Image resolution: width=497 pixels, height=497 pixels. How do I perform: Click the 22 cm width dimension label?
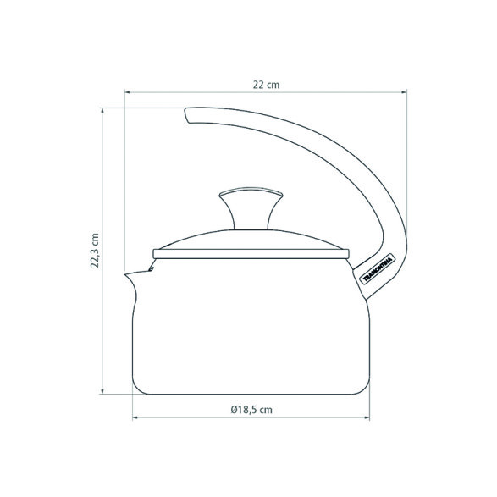tap(266, 85)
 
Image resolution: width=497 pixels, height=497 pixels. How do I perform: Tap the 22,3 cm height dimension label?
tap(95, 251)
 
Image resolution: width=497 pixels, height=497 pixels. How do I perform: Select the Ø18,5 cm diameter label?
tap(251, 410)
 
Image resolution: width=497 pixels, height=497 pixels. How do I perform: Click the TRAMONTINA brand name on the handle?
tap(377, 269)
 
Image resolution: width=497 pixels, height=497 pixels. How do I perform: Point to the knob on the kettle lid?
tap(251, 208)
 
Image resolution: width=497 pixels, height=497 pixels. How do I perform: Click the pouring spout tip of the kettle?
tap(125, 274)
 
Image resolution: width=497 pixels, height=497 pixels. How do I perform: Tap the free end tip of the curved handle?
tap(186, 115)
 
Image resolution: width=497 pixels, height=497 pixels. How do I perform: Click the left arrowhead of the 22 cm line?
tap(127, 92)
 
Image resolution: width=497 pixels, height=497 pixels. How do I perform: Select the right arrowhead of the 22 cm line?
tap(404, 92)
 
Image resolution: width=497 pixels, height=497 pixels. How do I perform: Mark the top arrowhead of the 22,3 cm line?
tap(102, 111)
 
